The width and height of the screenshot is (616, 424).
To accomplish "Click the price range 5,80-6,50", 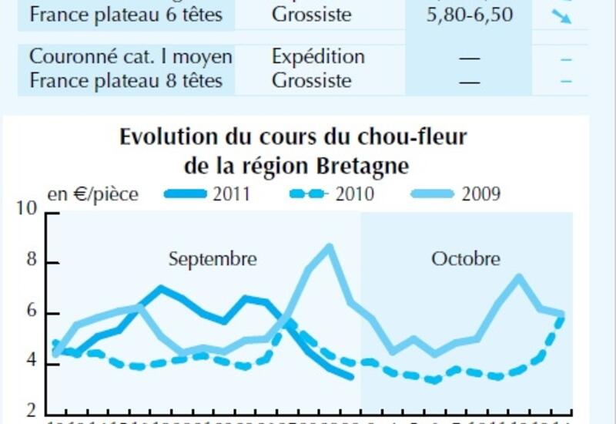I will click(x=469, y=15).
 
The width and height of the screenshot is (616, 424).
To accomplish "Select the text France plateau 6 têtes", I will click(x=125, y=15).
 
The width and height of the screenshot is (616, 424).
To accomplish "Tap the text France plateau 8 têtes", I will click(x=125, y=80).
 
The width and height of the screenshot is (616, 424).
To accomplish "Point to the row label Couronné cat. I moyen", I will click(x=131, y=56).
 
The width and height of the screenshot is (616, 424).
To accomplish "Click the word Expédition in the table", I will click(x=318, y=56).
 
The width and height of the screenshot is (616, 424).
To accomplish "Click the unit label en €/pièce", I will click(x=93, y=193).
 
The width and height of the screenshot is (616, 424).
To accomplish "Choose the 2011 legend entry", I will click(x=208, y=193).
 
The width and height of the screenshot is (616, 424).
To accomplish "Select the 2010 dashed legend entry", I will click(x=332, y=193).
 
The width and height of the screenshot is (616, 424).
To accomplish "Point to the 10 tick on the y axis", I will click(x=28, y=210).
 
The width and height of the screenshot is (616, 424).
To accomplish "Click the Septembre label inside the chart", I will click(x=213, y=258).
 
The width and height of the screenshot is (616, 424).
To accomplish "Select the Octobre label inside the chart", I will click(x=465, y=258).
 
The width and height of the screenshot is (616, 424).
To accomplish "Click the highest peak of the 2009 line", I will click(x=330, y=247).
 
